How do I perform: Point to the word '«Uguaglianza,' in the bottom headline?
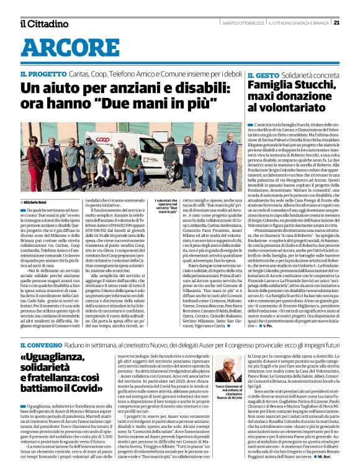(67, 358)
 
